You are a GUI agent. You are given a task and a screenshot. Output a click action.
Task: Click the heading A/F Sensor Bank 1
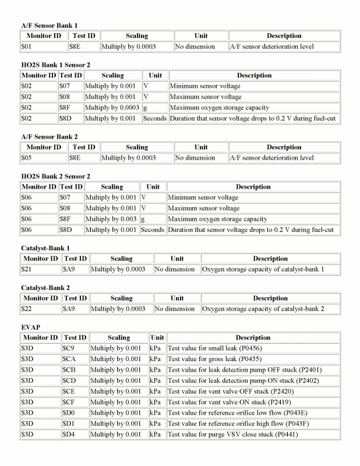50,26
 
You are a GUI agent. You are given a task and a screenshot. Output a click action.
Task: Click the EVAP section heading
30,327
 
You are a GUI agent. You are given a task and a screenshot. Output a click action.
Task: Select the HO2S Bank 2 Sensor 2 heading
57,176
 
